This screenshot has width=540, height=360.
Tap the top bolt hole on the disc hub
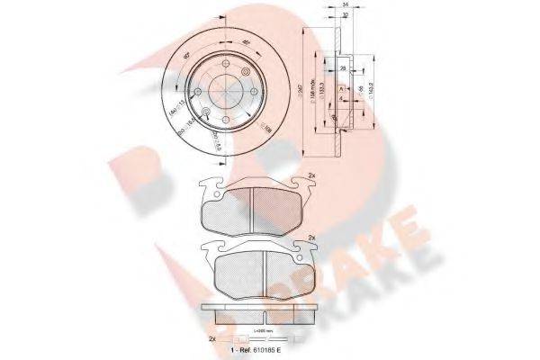(230, 65)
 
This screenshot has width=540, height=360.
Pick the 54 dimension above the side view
(346, 6)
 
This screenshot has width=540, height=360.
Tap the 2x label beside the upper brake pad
(310, 175)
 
